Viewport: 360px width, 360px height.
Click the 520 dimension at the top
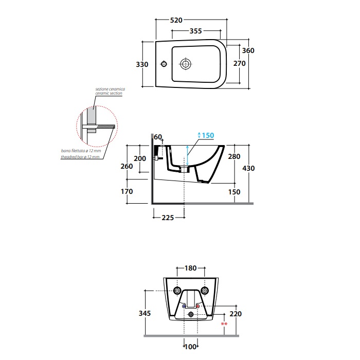click(x=176, y=20)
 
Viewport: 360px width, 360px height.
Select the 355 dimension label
click(x=195, y=31)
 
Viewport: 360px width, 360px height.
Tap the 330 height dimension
click(x=142, y=64)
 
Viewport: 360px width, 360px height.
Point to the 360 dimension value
click(x=248, y=50)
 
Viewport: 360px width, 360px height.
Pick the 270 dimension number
click(x=240, y=63)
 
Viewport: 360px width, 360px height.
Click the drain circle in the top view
click(x=185, y=64)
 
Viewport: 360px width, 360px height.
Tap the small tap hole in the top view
click(x=164, y=64)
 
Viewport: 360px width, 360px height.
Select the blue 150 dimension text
click(x=208, y=135)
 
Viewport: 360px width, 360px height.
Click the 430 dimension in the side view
click(x=248, y=168)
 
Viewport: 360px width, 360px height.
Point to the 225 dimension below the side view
click(x=168, y=218)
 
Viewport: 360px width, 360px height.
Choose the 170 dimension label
click(x=127, y=191)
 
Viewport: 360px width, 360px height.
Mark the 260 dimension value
click(x=127, y=166)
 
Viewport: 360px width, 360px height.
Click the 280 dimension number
click(x=234, y=156)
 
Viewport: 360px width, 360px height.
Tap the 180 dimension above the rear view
click(x=191, y=268)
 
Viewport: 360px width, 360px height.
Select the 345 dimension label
click(x=145, y=313)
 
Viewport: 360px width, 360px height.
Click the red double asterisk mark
click(x=224, y=324)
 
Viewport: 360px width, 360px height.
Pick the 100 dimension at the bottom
click(x=191, y=347)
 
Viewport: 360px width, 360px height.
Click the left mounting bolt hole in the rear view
click(x=177, y=291)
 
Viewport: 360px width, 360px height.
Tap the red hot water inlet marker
click(x=197, y=307)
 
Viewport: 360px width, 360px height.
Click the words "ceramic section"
click(x=109, y=93)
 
